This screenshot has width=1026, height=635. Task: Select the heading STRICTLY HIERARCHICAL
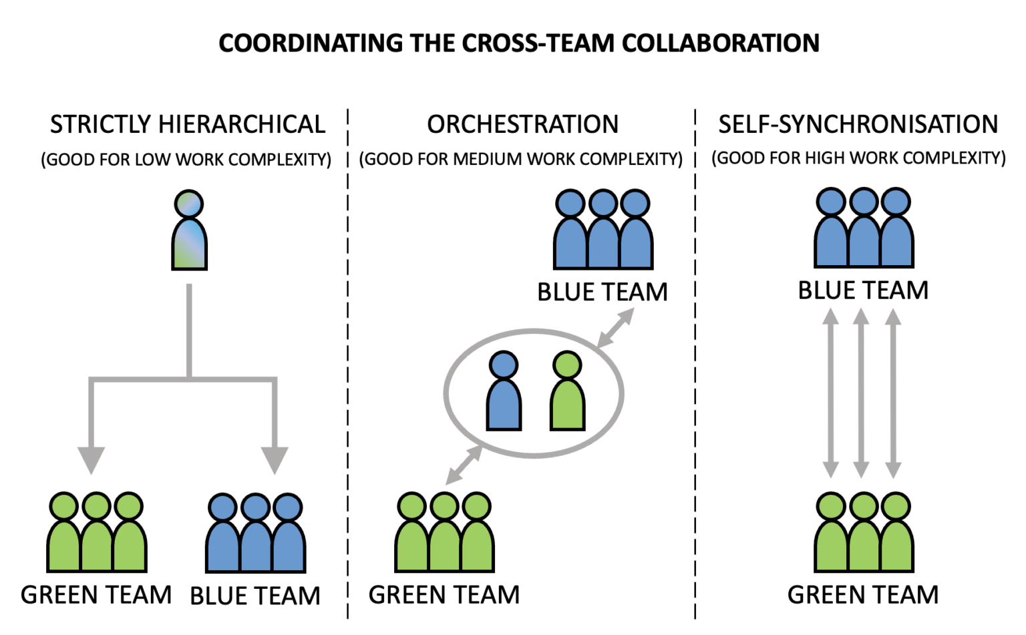pos(188,125)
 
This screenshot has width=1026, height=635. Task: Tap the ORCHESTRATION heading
pos(522,125)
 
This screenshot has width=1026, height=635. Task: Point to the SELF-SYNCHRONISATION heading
pos(858,125)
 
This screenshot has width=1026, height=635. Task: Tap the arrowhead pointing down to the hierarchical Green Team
pos(92,459)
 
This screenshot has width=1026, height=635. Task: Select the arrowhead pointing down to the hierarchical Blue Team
pos(275,459)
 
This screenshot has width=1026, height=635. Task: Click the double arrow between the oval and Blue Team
pos(615,329)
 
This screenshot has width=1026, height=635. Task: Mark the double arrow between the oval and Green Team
pos(464,464)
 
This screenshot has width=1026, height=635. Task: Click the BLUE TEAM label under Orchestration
pos(603,292)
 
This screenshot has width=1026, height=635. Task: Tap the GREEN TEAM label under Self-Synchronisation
pos(863,595)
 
